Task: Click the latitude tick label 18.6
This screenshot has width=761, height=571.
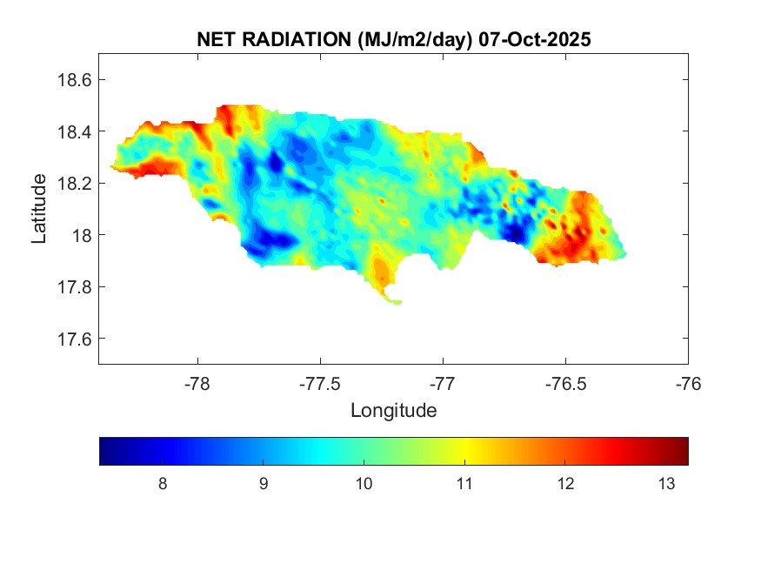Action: coord(74,80)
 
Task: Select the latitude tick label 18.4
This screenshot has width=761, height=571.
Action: coord(74,131)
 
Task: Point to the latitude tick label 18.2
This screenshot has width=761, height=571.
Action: coord(74,184)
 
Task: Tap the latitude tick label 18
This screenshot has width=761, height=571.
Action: coord(81,235)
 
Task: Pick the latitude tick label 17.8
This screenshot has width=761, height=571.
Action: coord(74,287)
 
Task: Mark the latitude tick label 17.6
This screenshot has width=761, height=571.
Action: coord(74,339)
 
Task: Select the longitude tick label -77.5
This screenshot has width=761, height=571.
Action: coord(320,383)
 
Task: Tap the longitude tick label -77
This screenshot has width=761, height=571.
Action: coord(443,383)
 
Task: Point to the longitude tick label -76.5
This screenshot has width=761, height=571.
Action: coord(565,383)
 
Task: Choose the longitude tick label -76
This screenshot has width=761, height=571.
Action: coord(688,383)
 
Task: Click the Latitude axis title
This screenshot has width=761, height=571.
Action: coord(39,208)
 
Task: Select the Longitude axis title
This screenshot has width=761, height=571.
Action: coord(393,410)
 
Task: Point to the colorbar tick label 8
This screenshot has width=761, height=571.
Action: coord(163,484)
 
